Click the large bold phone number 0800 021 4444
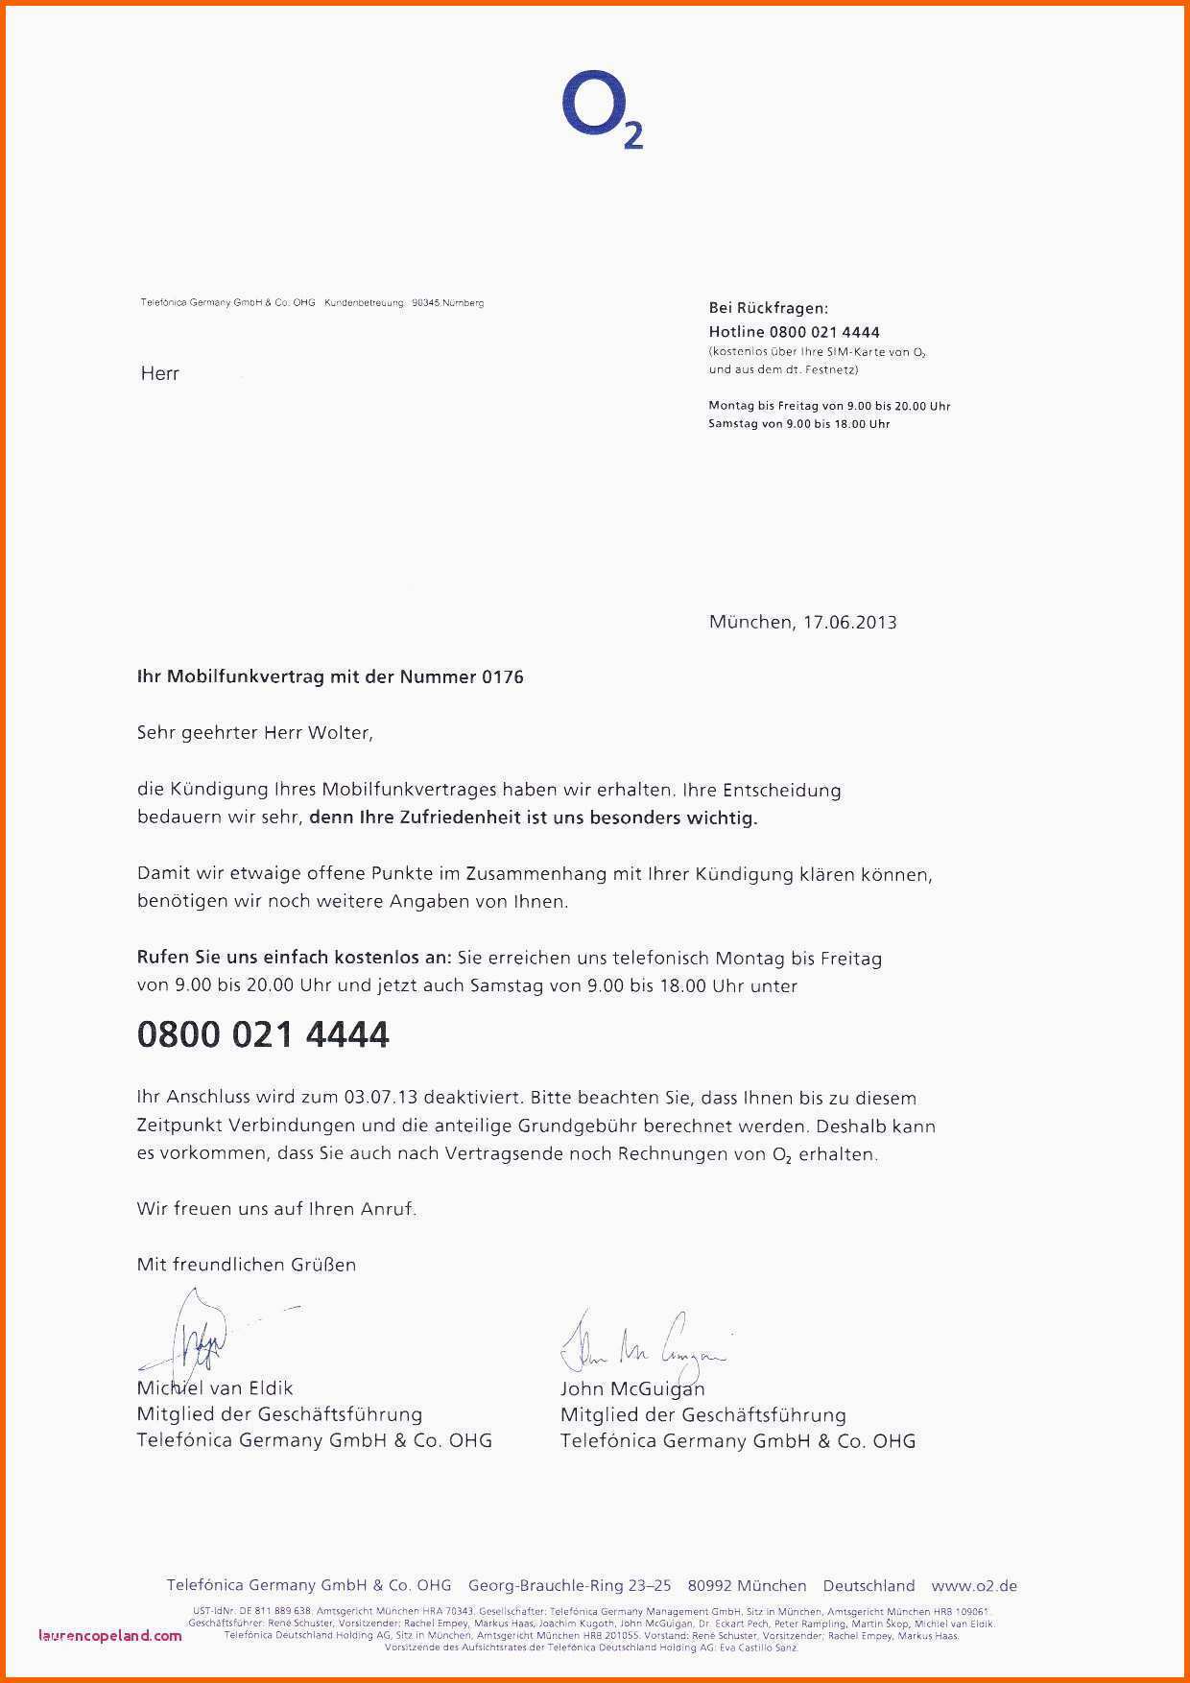pyautogui.click(x=263, y=1034)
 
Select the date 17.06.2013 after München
pyautogui.click(x=849, y=622)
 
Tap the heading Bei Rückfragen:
pyautogui.click(x=768, y=308)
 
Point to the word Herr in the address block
pyautogui.click(x=160, y=374)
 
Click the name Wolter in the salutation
pyautogui.click(x=338, y=733)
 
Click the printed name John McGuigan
pyautogui.click(x=632, y=1388)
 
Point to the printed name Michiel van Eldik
pyautogui.click(x=215, y=1388)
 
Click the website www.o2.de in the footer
pyautogui.click(x=973, y=1586)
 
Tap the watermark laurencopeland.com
pyautogui.click(x=110, y=1636)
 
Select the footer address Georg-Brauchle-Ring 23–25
pyautogui.click(x=569, y=1586)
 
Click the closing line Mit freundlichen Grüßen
pyautogui.click(x=247, y=1265)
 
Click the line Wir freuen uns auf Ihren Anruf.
pyautogui.click(x=276, y=1209)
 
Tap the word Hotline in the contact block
pyautogui.click(x=736, y=332)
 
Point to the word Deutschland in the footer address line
pyautogui.click(x=869, y=1586)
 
